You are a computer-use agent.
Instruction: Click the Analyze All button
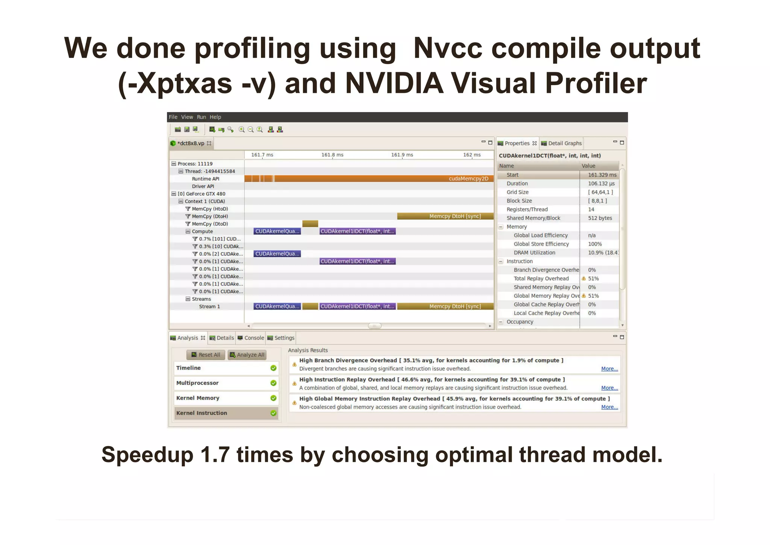click(x=247, y=355)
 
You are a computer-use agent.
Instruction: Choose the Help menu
click(x=215, y=117)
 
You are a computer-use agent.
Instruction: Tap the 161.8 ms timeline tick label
click(x=332, y=155)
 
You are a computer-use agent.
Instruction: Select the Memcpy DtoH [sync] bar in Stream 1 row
click(x=445, y=306)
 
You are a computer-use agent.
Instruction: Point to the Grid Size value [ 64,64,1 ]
click(x=600, y=192)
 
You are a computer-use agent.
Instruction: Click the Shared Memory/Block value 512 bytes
click(x=600, y=218)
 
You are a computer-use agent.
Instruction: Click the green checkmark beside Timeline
click(x=273, y=368)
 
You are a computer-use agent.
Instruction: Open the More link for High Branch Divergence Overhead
click(x=609, y=369)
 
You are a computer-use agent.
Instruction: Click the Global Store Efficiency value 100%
click(x=595, y=244)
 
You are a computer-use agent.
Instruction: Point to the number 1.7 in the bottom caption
click(x=215, y=455)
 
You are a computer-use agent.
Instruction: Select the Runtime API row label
click(x=205, y=179)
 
